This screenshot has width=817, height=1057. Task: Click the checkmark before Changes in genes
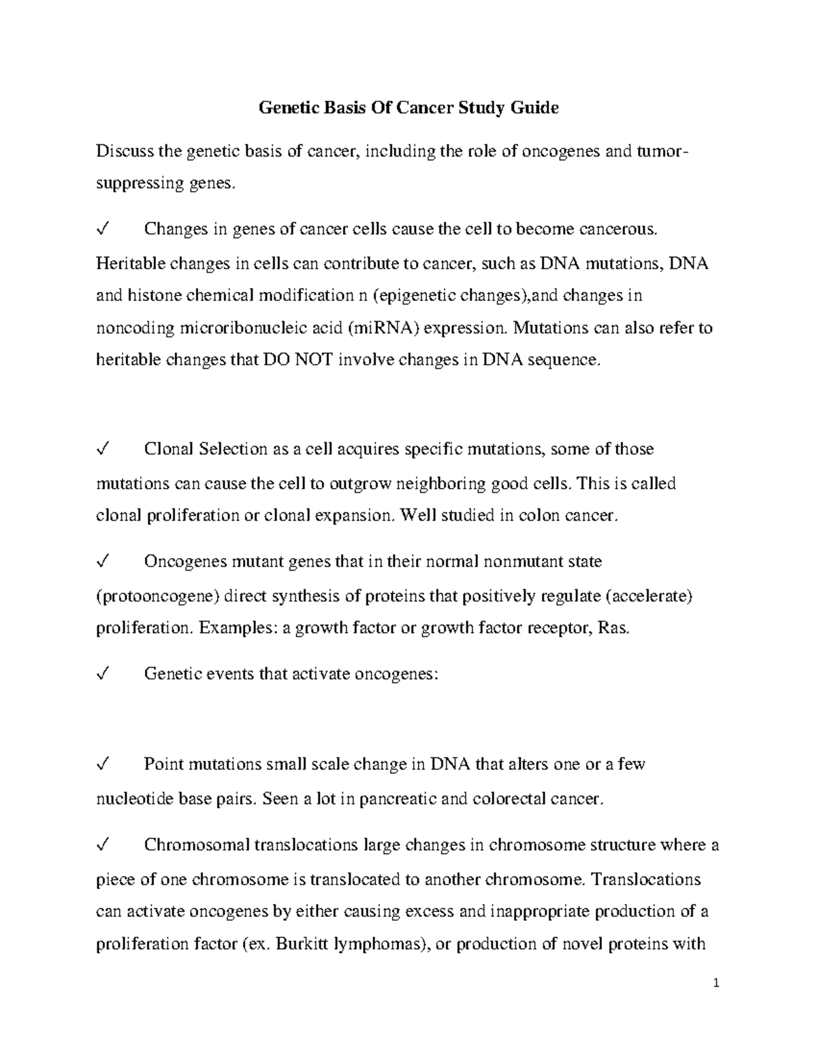[103, 229]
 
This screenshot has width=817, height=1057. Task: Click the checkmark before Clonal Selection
[103, 449]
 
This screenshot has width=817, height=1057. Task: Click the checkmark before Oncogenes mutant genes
[103, 562]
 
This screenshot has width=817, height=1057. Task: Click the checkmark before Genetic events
[103, 674]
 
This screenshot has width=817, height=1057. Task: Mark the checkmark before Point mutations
[103, 764]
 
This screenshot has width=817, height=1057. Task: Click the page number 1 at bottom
[717, 983]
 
